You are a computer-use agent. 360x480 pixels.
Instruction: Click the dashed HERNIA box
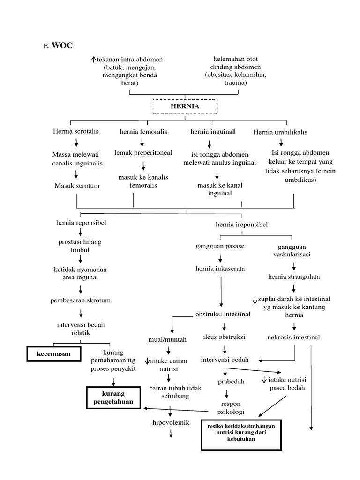tap(185, 106)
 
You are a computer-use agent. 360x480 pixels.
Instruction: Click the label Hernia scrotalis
tap(76, 132)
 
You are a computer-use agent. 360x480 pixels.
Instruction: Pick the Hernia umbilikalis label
tap(280, 132)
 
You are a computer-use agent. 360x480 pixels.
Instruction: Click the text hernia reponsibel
tap(81, 222)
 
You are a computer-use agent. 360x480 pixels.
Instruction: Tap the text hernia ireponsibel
tap(241, 225)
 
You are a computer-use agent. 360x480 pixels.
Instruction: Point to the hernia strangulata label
tap(294, 277)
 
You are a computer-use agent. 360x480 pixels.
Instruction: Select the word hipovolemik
tap(171, 422)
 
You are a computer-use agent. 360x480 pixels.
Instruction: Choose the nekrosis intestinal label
tap(293, 337)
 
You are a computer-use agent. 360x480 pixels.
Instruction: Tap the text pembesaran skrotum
tap(81, 300)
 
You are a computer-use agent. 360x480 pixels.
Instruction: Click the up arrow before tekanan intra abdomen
tap(94, 60)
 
